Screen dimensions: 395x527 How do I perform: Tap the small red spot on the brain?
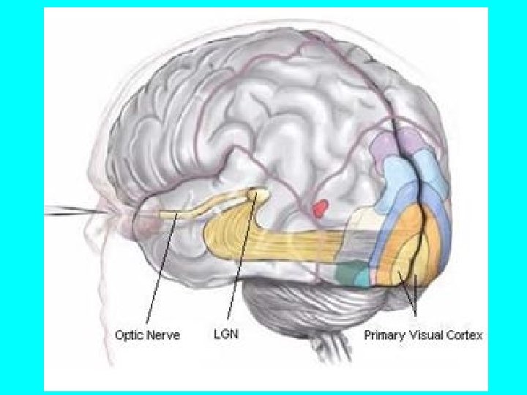(x=319, y=210)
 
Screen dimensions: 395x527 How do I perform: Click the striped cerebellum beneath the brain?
(x=293, y=300)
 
